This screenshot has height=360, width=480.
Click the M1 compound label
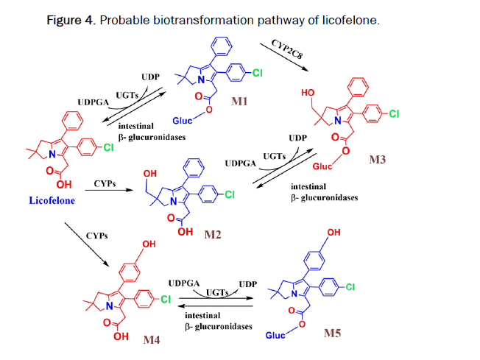tap(239, 101)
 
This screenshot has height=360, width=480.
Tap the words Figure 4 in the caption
tap(70, 20)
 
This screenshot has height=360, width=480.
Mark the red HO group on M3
tap(309, 93)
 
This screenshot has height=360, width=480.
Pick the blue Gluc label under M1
tap(183, 120)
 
